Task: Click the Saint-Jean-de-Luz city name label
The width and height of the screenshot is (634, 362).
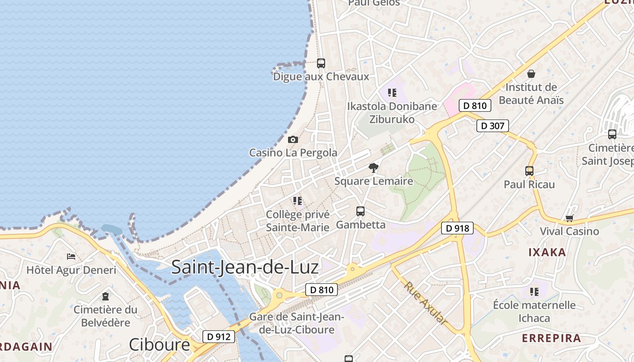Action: (x=245, y=267)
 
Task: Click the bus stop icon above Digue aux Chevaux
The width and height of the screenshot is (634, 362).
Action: (x=321, y=63)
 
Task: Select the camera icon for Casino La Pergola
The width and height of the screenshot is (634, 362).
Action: (x=293, y=139)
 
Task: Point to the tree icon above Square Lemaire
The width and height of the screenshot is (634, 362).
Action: (x=374, y=168)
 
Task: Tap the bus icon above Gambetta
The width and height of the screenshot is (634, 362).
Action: (x=360, y=211)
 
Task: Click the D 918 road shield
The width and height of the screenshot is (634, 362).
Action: (x=457, y=229)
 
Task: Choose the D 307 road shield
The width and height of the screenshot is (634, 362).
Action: (x=493, y=126)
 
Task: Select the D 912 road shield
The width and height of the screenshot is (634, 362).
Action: (x=219, y=337)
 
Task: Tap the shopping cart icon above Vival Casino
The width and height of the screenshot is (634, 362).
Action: (x=569, y=219)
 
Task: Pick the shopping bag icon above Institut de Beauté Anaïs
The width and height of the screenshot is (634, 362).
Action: (x=531, y=74)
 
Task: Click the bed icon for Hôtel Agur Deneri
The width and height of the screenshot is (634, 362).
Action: (x=71, y=257)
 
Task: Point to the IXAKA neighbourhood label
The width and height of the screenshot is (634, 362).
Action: (x=547, y=252)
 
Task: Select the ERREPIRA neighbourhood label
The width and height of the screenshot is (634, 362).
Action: (x=551, y=338)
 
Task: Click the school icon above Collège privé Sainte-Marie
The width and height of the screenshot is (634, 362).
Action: (x=298, y=200)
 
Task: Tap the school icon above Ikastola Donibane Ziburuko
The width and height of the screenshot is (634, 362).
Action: (x=392, y=93)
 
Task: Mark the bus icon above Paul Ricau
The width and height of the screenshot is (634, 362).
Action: (x=529, y=171)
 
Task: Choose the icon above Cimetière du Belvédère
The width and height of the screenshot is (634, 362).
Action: (x=106, y=297)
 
